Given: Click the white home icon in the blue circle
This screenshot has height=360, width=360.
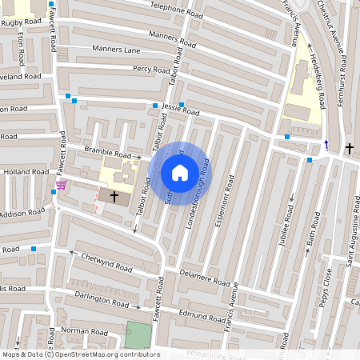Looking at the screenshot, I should (180, 172).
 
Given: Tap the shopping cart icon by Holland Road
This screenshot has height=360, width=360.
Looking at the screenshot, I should (62, 185).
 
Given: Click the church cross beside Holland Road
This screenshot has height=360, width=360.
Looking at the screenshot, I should (114, 195).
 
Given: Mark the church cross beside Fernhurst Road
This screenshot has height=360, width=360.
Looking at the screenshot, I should (349, 149).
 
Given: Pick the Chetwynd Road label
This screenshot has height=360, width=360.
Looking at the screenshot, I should (104, 262).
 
